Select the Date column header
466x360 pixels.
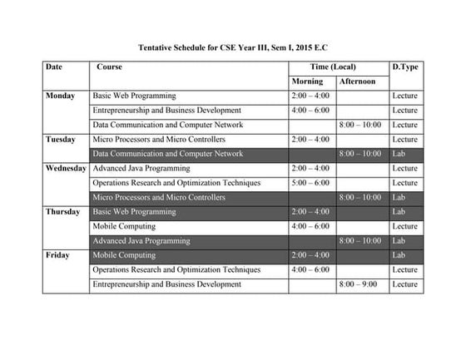53,67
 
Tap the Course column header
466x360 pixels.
110,67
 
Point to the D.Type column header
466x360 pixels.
404,67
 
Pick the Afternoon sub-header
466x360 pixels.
358,81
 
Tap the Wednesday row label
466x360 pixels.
66,169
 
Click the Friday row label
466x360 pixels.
57,255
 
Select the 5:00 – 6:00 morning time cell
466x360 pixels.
310,183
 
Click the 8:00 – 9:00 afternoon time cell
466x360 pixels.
359,284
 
